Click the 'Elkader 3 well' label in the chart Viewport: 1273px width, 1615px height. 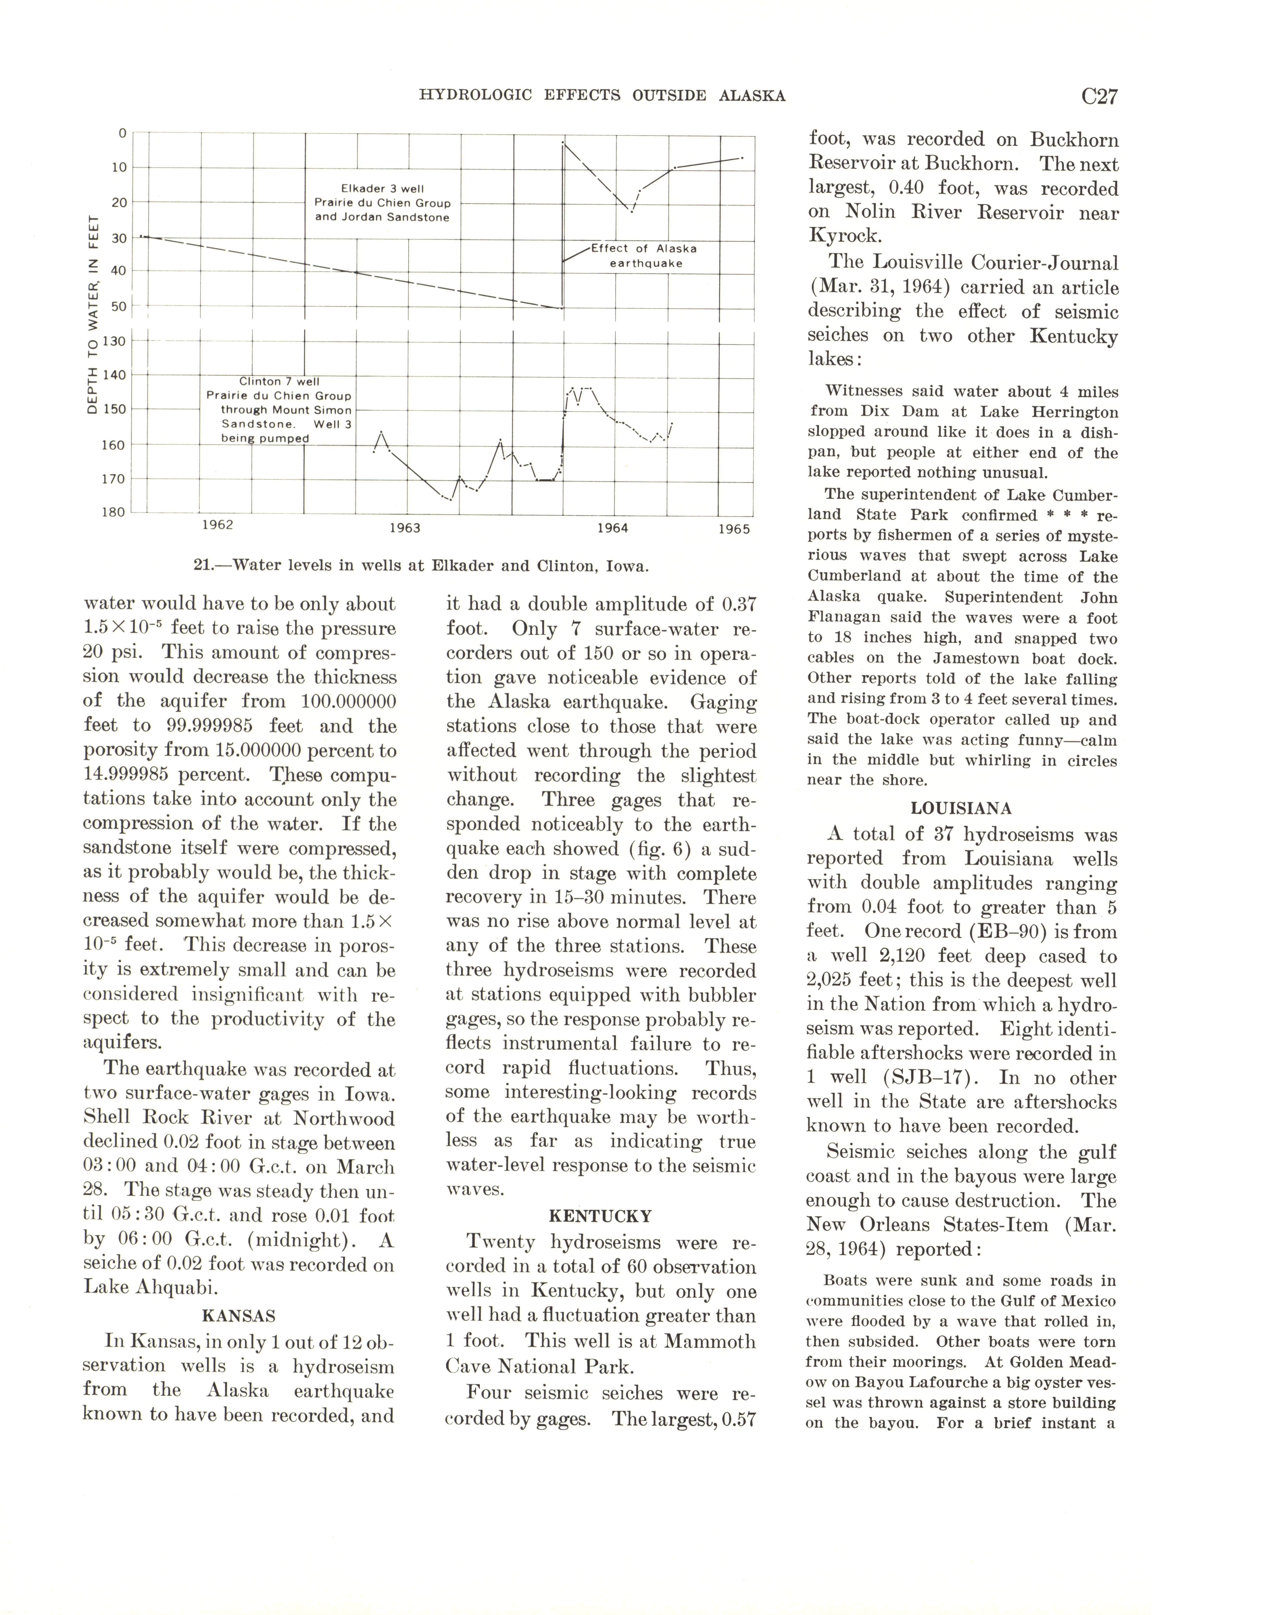coord(382,188)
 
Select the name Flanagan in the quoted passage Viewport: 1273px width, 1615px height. coord(838,618)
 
